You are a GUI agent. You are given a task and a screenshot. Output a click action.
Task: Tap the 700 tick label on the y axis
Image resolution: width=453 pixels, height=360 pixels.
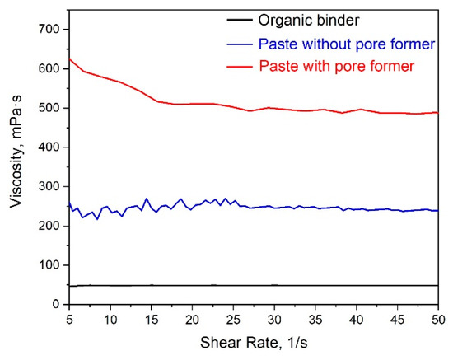pos(49,29)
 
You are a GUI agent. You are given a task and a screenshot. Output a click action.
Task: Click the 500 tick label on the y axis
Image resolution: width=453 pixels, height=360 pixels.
pos(49,108)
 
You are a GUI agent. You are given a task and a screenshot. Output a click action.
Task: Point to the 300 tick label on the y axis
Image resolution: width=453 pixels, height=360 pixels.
pos(49,186)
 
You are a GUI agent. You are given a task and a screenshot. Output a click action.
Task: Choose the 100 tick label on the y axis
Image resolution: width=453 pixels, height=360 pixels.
pos(49,265)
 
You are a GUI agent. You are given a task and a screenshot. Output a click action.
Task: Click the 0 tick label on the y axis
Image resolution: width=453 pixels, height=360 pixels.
pos(56,305)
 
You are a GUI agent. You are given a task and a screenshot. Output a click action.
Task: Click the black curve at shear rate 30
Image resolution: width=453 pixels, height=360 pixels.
pos(274,285)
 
